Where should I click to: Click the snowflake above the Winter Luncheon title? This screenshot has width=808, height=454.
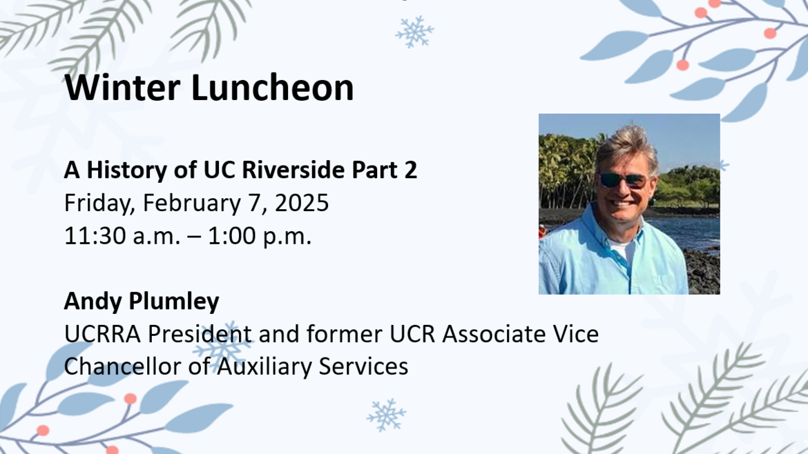pos(414,32)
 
